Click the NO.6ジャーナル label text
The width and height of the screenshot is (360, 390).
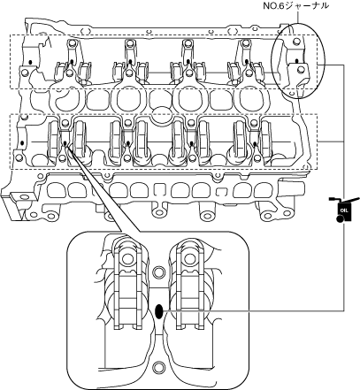[x=295, y=5]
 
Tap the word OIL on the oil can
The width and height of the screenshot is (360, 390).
[x=343, y=210]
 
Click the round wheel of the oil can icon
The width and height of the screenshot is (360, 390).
[x=340, y=219]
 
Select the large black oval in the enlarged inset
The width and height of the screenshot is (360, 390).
[x=159, y=311]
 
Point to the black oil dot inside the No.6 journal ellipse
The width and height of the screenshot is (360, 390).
[x=296, y=61]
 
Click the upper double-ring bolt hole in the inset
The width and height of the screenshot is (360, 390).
[x=159, y=271]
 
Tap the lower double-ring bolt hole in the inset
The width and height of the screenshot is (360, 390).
[x=159, y=367]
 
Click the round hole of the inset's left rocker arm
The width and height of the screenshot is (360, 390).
[x=127, y=258]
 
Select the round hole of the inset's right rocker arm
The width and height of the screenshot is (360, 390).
[x=188, y=258]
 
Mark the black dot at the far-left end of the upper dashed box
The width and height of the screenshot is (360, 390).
[x=30, y=62]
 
